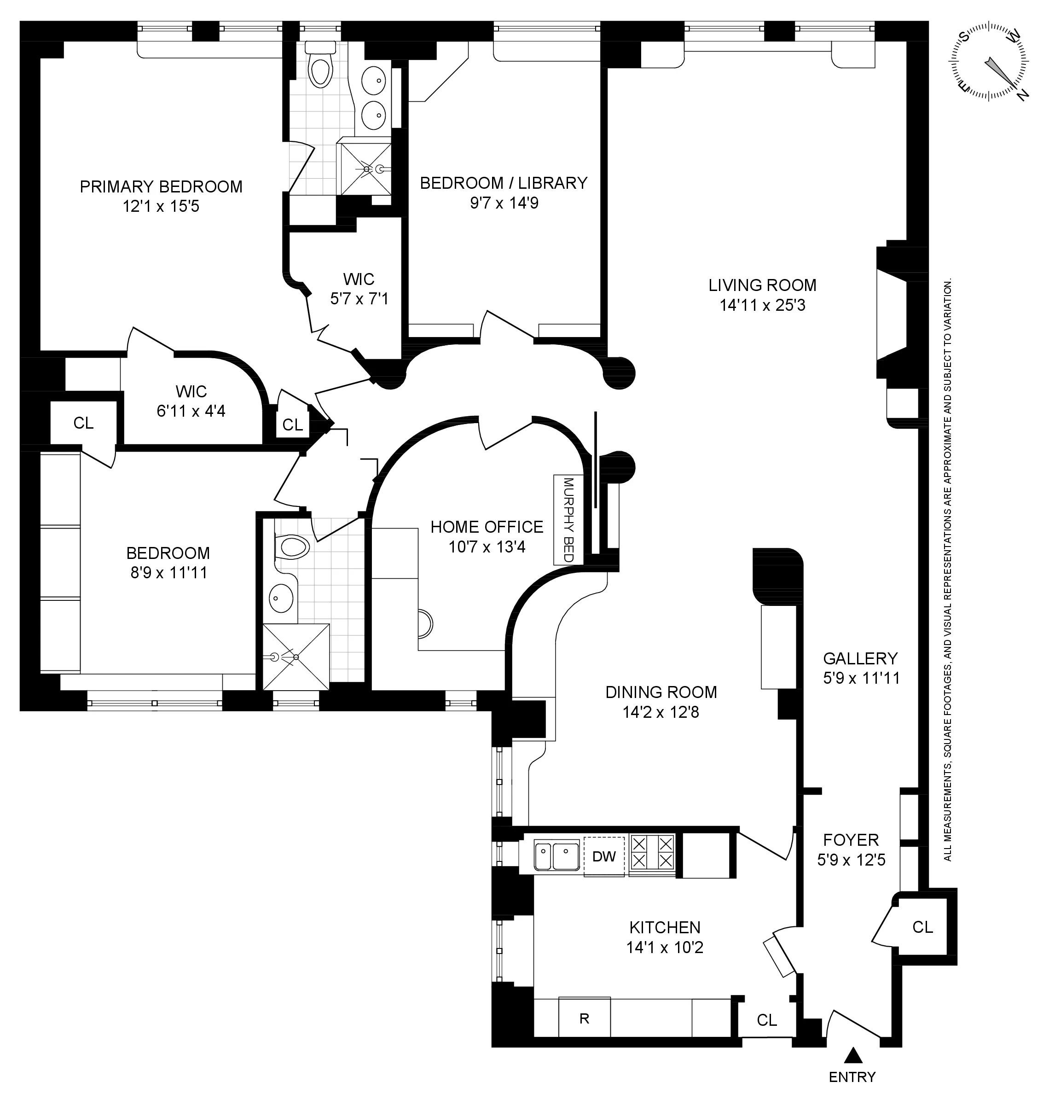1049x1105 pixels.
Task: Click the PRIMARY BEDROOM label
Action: (161, 186)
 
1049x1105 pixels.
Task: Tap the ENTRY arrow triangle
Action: (852, 1055)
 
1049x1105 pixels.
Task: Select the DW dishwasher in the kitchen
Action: (604, 856)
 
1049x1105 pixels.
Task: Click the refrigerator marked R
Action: (584, 1018)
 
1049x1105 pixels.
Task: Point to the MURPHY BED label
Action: (568, 519)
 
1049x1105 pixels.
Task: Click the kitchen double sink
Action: (556, 856)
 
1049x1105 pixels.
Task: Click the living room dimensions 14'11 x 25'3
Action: (763, 305)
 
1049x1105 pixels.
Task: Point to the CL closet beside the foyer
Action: (922, 927)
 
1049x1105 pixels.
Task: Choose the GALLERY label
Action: (860, 658)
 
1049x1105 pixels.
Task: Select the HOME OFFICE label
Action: (487, 527)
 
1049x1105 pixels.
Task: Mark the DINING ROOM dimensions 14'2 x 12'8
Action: (661, 712)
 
